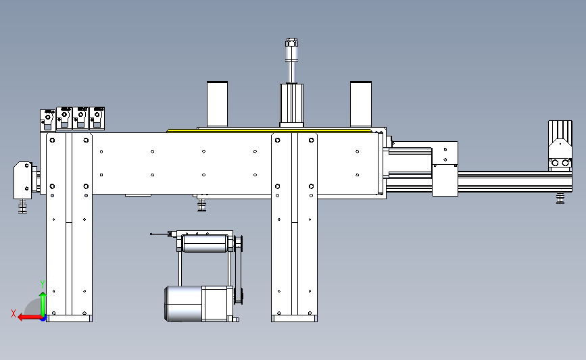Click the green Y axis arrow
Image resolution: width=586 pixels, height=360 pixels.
pyautogui.click(x=43, y=305)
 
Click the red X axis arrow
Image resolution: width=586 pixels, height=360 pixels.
pyautogui.click(x=30, y=317)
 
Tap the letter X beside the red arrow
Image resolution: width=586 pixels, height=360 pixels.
pyautogui.click(x=14, y=313)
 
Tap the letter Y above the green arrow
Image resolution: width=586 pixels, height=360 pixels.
pyautogui.click(x=43, y=284)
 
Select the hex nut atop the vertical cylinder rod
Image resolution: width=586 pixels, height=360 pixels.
pyautogui.click(x=291, y=42)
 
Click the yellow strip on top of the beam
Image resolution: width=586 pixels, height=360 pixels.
pyautogui.click(x=269, y=131)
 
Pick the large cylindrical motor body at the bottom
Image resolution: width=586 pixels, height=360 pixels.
pyautogui.click(x=183, y=304)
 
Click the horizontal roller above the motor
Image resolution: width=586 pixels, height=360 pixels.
pyautogui.click(x=205, y=243)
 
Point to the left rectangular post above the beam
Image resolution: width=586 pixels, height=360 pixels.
pyautogui.click(x=217, y=104)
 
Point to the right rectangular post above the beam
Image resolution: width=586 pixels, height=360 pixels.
pyautogui.click(x=361, y=104)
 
